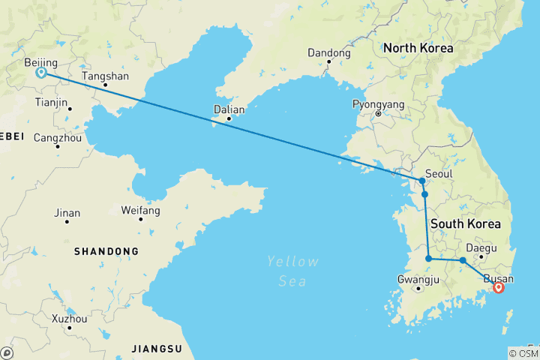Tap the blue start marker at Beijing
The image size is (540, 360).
click(x=41, y=73)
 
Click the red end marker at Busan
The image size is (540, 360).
click(x=497, y=286)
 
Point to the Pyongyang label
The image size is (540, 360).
click(x=378, y=104)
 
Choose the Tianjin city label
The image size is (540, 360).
click(x=52, y=102)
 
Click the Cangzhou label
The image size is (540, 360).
click(x=58, y=138)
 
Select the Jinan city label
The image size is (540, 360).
click(x=67, y=213)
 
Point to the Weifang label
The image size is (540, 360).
click(x=140, y=211)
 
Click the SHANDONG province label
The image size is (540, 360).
click(x=106, y=251)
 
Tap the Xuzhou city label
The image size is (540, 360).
click(x=68, y=319)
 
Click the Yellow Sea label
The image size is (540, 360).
click(x=292, y=271)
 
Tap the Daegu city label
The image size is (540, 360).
click(x=481, y=247)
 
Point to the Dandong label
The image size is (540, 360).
click(x=328, y=53)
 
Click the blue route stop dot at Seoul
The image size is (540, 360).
click(x=422, y=181)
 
